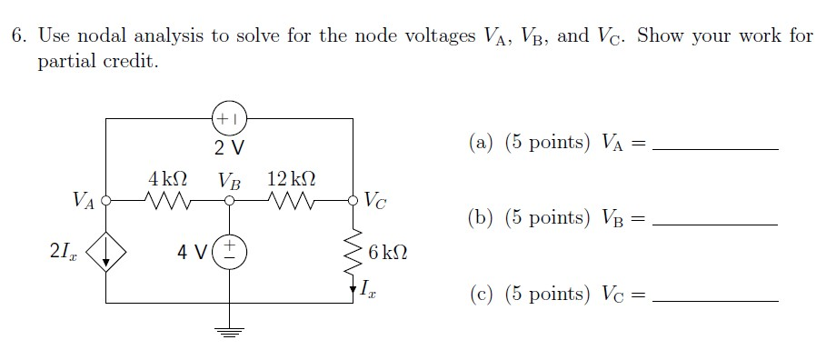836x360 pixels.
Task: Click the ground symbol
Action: coord(229,331)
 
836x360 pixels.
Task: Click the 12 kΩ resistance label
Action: coord(293,177)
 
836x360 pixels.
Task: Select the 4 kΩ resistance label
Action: coord(168,177)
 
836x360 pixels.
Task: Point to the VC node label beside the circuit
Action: coord(374,200)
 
